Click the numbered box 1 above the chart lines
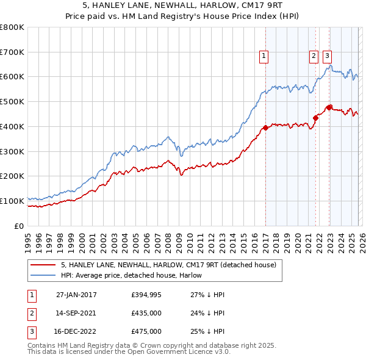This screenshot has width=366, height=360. pos(264,56)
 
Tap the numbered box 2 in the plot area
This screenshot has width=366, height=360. pos(314,56)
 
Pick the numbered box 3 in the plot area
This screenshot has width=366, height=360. pos(328,56)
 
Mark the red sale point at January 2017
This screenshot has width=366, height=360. pos(265,128)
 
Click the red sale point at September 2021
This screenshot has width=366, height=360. pos(315,118)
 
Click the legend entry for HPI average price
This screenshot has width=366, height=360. pos(131,275)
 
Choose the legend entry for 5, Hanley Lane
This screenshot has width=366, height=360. pos(168,265)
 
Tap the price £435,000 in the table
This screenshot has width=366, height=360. pos(146,313)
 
